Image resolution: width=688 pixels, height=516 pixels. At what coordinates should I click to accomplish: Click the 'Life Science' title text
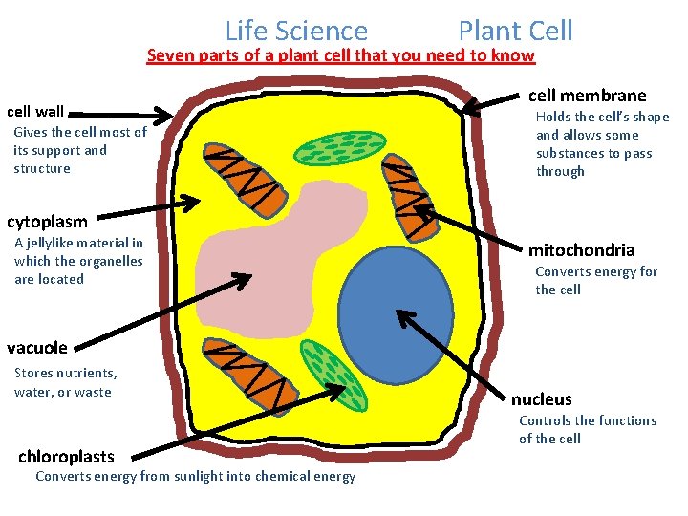tap(296, 32)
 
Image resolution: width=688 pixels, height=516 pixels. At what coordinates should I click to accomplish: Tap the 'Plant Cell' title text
tap(515, 31)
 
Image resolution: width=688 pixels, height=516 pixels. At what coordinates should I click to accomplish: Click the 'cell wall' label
tap(35, 112)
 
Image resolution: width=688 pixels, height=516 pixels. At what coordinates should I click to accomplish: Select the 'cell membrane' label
tap(587, 95)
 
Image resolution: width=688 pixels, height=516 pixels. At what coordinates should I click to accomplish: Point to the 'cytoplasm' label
tap(47, 222)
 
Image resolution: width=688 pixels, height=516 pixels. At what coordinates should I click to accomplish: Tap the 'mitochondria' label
tap(581, 250)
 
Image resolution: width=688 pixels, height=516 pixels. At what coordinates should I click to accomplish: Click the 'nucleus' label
tap(541, 399)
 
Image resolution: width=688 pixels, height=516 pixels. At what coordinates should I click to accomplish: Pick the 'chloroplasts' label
tap(66, 457)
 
